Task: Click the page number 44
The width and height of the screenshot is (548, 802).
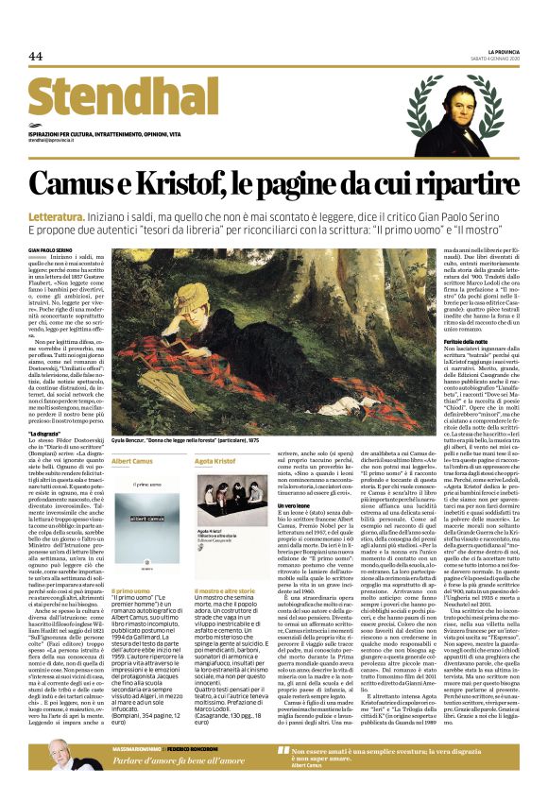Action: tap(36, 57)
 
